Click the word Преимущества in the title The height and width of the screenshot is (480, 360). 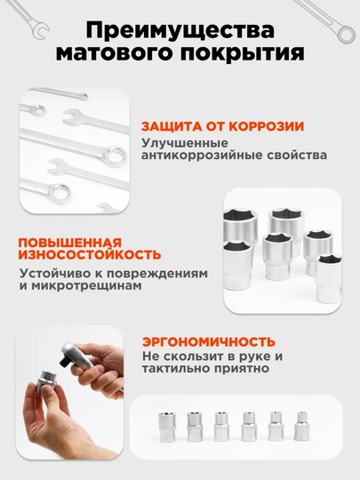click(180, 30)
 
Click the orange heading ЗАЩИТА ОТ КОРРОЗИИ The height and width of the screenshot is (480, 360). click(222, 126)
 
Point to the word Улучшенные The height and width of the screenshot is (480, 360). click(185, 143)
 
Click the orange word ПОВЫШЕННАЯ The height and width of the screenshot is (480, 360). click(70, 243)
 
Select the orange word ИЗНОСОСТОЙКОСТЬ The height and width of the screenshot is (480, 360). click(90, 255)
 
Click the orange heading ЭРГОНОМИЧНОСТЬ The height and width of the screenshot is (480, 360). click(209, 341)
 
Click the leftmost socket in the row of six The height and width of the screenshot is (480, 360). click(167, 427)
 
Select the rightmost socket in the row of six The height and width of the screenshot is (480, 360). click(302, 426)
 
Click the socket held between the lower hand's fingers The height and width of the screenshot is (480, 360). click(46, 382)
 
